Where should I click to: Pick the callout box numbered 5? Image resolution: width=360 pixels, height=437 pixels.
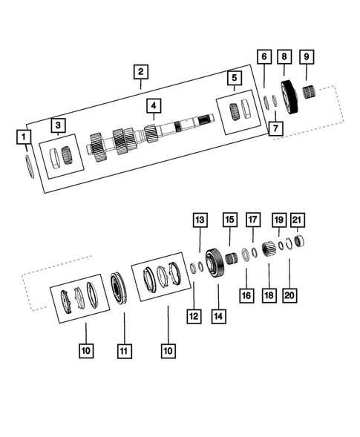click(x=233, y=77)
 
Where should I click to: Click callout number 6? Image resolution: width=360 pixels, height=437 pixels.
click(x=264, y=57)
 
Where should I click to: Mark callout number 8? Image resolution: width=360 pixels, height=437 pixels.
click(x=284, y=57)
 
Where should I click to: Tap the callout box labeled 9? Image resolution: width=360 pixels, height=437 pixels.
click(x=307, y=57)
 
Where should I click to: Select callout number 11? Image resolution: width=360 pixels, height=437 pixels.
click(x=123, y=349)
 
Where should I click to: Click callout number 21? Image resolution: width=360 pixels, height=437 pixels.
click(x=298, y=220)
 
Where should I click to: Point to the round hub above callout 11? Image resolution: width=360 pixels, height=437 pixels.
click(x=120, y=288)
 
